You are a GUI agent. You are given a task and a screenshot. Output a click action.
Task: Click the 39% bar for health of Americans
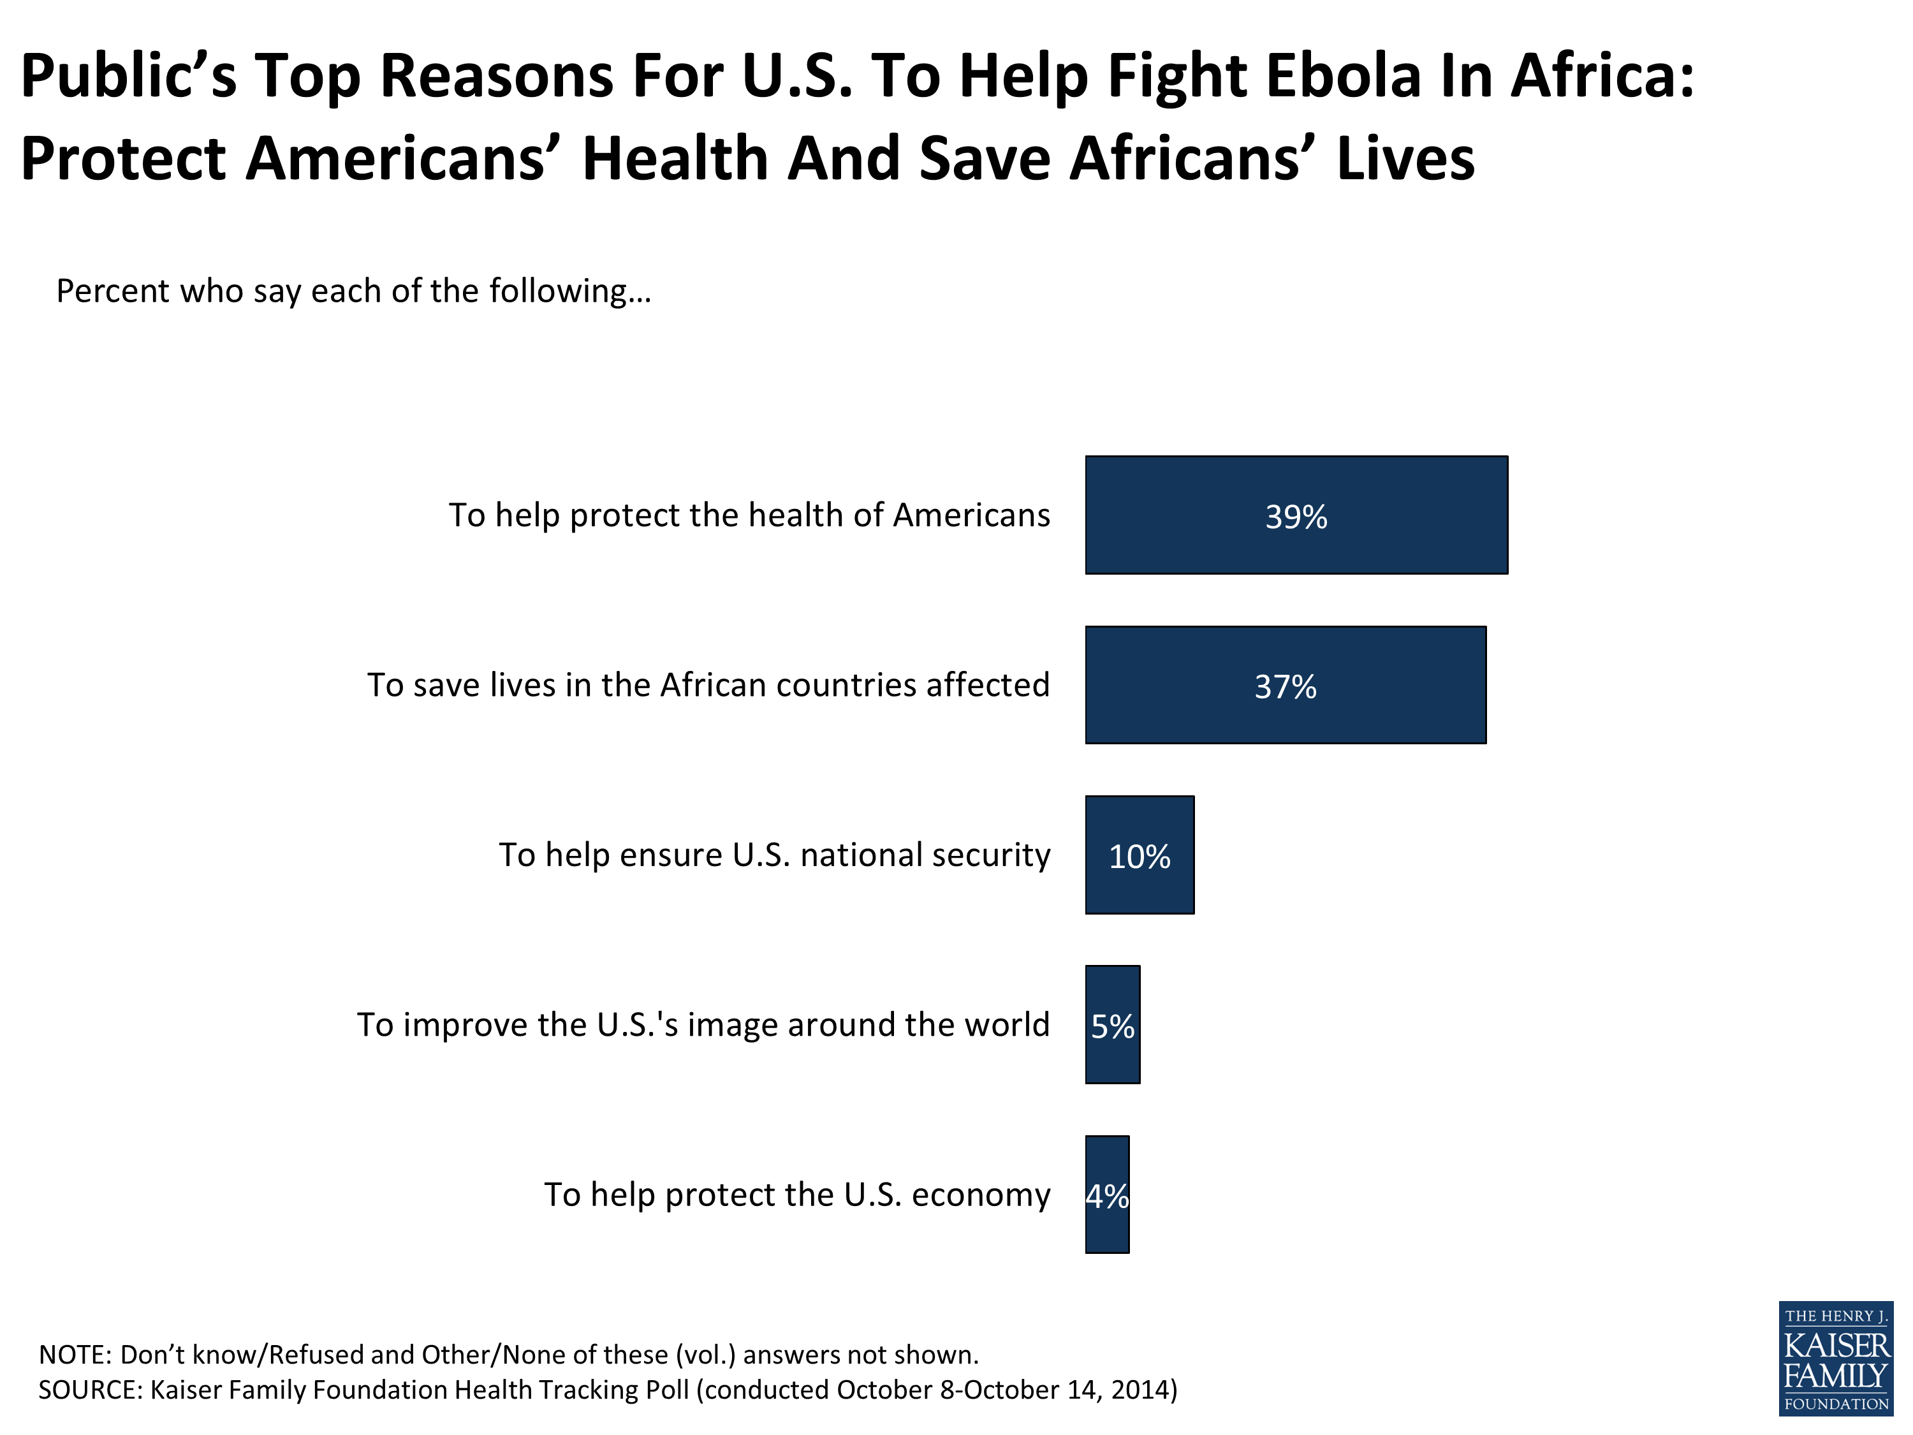point(1296,515)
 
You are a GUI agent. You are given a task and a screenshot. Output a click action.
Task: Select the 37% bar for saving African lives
point(1285,685)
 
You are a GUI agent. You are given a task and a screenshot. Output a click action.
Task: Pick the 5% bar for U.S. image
point(1112,1025)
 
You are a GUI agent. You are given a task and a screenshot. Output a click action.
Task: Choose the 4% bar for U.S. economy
point(1107,1195)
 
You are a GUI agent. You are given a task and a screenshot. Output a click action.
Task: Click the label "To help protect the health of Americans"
point(749,515)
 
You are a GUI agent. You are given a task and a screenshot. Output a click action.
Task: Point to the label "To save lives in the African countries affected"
point(708,685)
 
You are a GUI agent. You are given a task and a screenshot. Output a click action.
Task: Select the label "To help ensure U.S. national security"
point(774,855)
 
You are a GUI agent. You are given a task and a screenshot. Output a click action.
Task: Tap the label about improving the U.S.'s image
point(703,1025)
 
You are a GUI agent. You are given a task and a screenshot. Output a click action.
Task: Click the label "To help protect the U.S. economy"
point(796,1195)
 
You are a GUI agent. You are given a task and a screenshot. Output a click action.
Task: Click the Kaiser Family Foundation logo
point(1835,1359)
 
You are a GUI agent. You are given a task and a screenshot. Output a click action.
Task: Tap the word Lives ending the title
point(1405,160)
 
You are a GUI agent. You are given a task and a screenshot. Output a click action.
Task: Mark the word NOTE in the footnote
point(75,1355)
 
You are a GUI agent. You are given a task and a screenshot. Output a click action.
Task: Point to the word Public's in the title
point(128,76)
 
